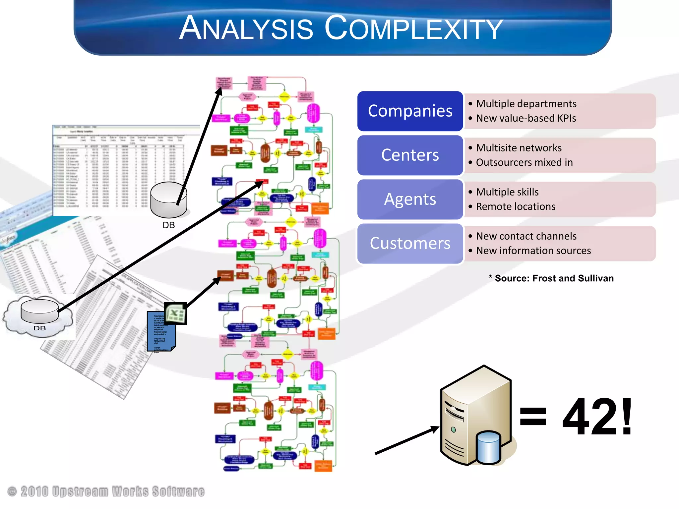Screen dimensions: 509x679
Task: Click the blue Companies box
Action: pos(410,111)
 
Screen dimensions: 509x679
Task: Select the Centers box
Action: pos(410,155)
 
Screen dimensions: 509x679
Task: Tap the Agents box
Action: pos(410,199)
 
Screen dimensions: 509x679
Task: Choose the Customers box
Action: pos(410,244)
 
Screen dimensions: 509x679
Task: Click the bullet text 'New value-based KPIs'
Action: pos(526,118)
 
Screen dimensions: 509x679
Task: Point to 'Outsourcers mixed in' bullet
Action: pos(524,162)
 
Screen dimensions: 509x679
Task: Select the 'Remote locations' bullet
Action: pos(516,207)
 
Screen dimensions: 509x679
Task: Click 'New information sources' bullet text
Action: pos(533,251)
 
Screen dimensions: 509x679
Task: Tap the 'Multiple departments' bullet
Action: pos(526,104)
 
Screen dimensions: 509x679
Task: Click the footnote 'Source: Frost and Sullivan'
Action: pos(554,278)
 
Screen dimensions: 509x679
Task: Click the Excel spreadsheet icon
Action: pos(176,313)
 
